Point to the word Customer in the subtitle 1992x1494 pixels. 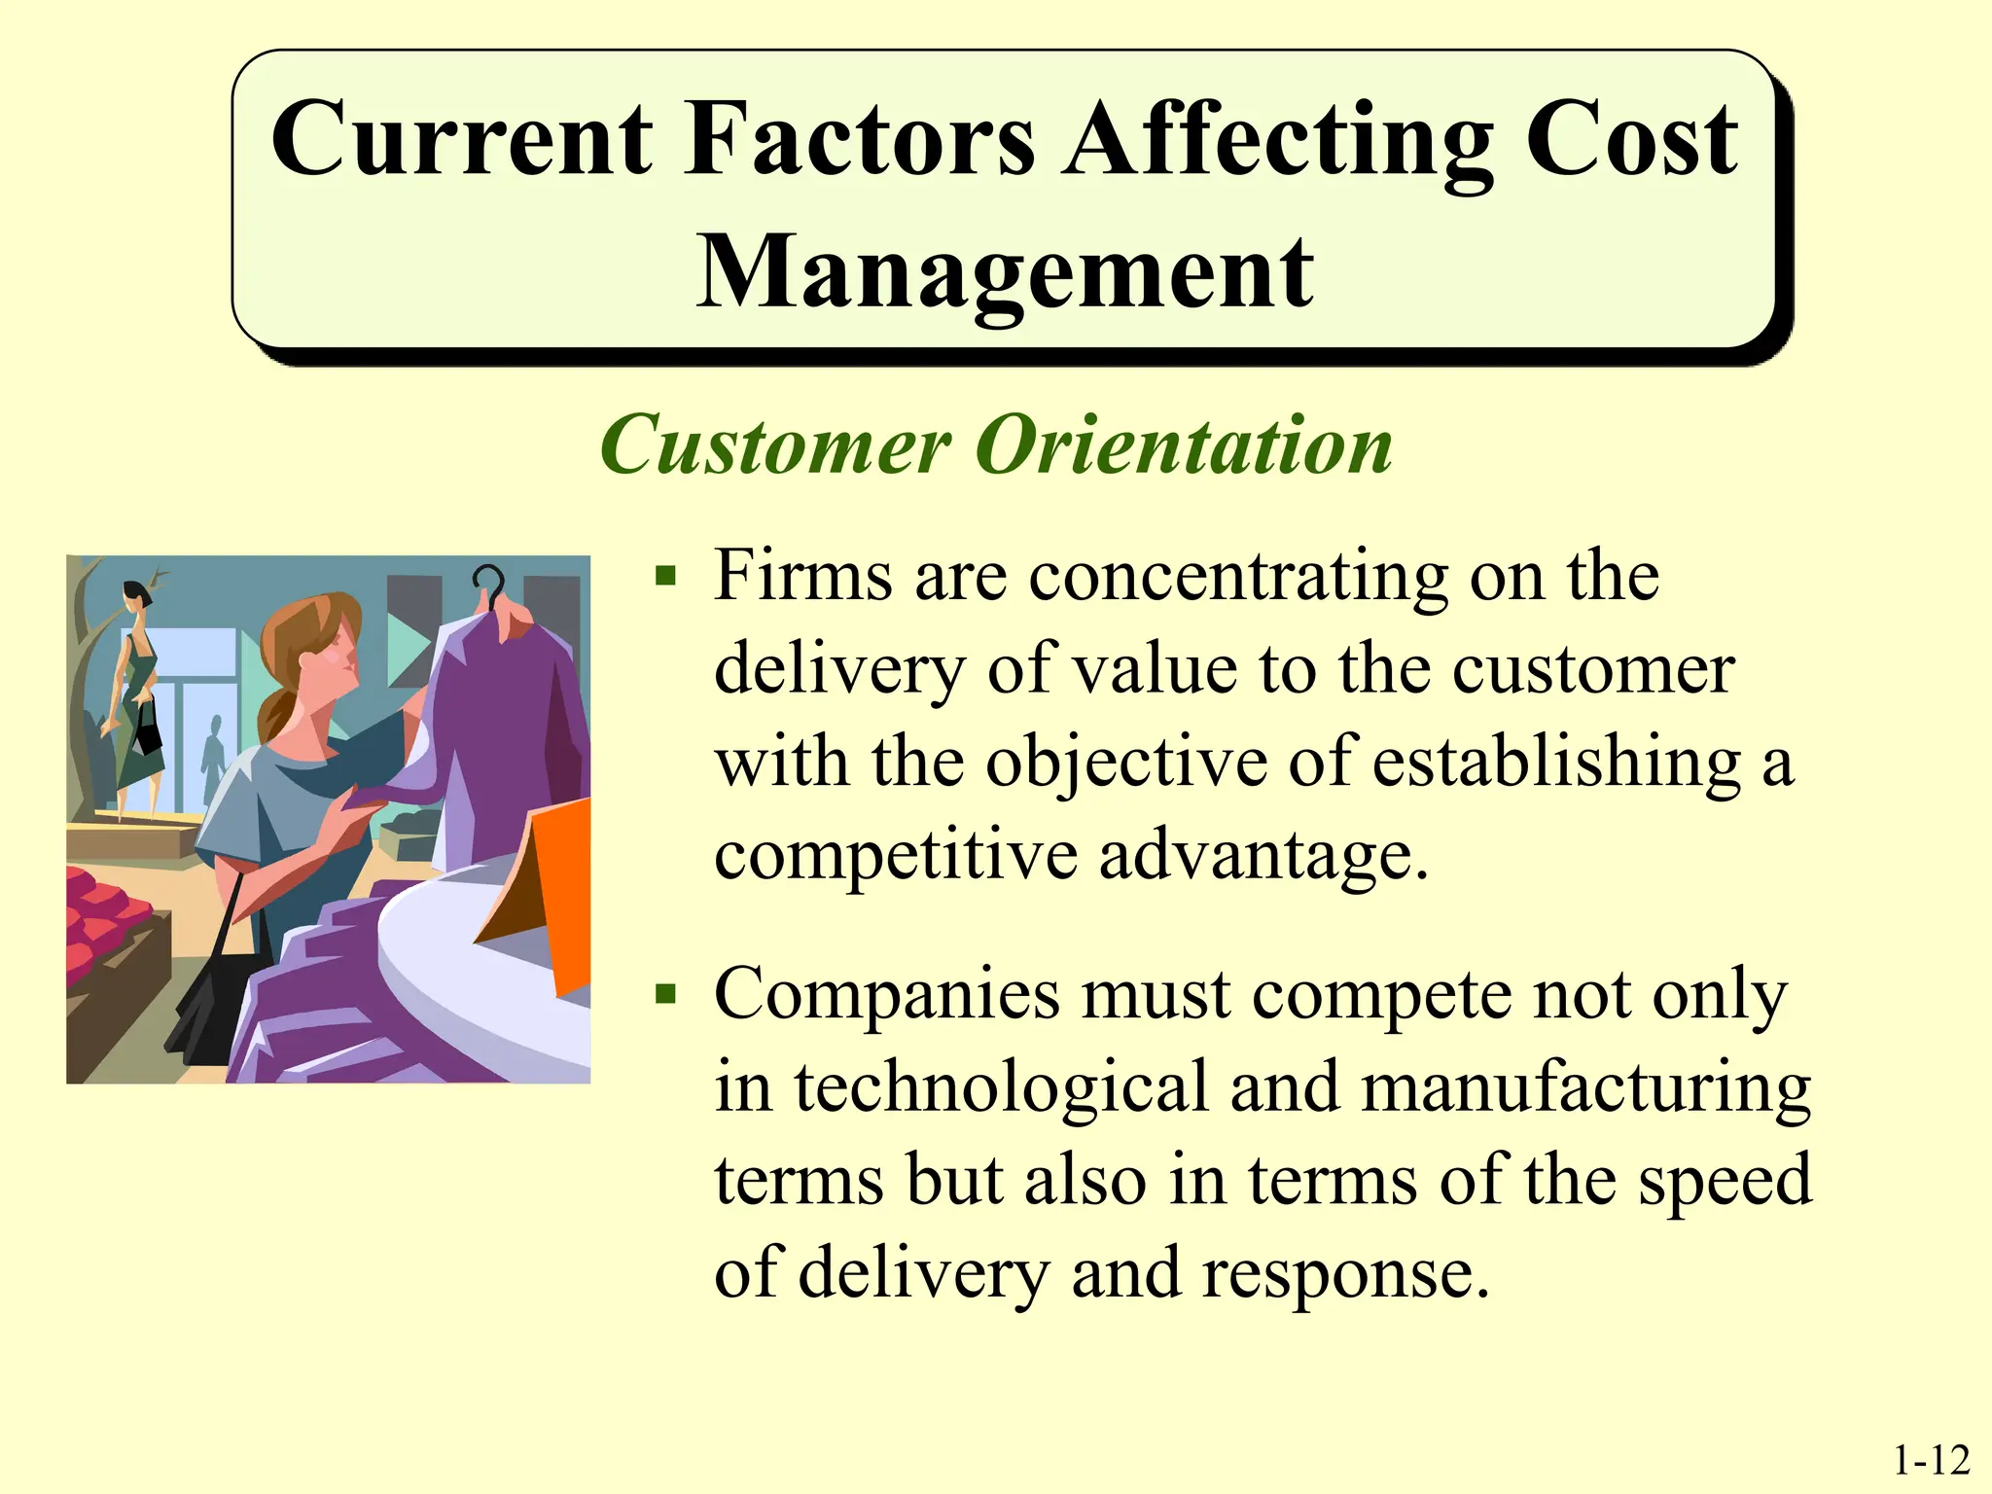click(x=775, y=445)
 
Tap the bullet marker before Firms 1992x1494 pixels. click(x=665, y=578)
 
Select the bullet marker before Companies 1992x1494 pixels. click(x=665, y=995)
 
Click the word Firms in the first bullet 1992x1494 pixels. click(x=801, y=576)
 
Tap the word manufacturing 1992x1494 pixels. click(x=1584, y=1086)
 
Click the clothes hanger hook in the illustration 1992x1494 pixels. click(x=489, y=584)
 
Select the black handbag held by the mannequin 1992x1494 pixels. click(x=147, y=731)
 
